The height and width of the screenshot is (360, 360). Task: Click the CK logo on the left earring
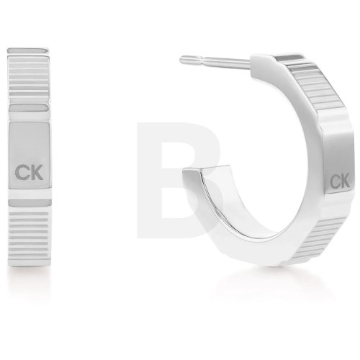pyautogui.click(x=29, y=172)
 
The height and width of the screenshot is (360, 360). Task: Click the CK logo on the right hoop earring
pyautogui.click(x=340, y=181)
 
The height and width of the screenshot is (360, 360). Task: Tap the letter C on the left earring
pyautogui.click(x=22, y=172)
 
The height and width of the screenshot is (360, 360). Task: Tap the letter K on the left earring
pyautogui.click(x=37, y=172)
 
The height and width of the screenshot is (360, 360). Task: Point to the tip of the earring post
pyautogui.click(x=181, y=60)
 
